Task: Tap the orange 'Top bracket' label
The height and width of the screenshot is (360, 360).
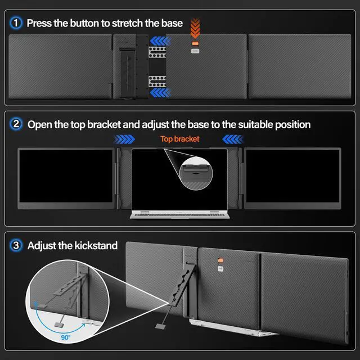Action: tap(179, 139)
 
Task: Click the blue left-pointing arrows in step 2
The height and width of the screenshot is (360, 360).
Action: tap(232, 139)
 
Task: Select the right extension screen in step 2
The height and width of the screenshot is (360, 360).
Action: tap(292, 178)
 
